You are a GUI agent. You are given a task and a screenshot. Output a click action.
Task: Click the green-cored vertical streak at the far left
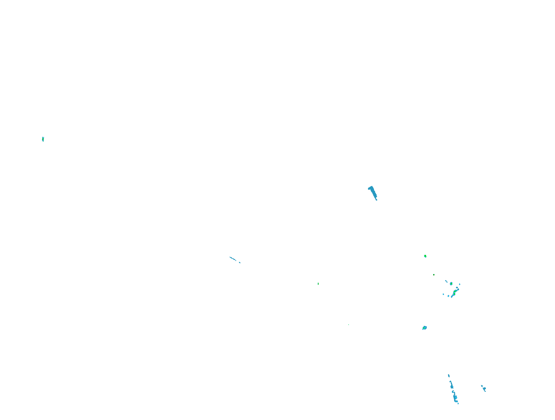(43, 139)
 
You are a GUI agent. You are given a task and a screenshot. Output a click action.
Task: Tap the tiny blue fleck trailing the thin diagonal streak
(240, 263)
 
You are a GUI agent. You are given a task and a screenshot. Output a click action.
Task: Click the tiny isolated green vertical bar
(318, 284)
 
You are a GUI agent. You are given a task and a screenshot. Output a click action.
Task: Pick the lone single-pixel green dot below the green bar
(349, 325)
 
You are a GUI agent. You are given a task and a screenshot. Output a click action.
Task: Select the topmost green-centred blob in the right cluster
(425, 256)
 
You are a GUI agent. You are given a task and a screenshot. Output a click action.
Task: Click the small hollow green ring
(434, 275)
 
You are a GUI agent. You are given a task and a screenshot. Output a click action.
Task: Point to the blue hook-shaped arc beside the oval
(446, 281)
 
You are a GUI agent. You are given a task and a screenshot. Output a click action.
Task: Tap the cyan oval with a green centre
(451, 284)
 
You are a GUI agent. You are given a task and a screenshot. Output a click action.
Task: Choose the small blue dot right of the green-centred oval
(460, 284)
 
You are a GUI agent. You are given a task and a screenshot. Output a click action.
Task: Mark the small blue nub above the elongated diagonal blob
(457, 287)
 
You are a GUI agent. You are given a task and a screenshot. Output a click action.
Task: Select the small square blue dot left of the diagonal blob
(443, 294)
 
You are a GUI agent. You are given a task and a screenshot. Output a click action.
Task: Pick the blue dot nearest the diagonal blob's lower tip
(448, 296)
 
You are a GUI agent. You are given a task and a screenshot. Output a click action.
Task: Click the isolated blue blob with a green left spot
(424, 328)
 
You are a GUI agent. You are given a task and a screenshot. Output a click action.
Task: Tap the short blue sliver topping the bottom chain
(449, 376)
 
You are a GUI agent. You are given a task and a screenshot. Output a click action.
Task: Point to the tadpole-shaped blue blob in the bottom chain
(455, 397)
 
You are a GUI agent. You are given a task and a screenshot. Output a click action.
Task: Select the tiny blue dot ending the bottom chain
(458, 404)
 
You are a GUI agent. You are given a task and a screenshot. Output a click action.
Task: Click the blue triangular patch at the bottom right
(484, 389)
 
